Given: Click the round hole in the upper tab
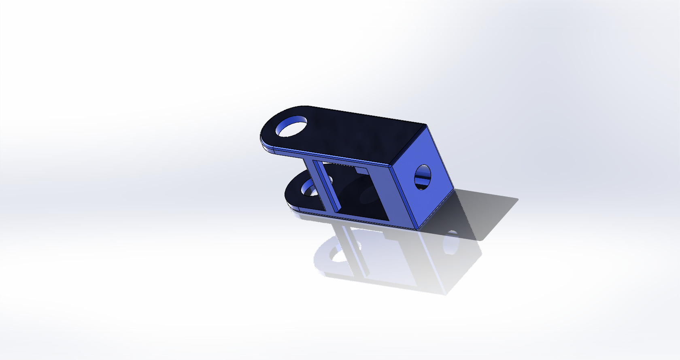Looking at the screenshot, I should [x=291, y=126].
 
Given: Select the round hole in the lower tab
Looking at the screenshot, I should [x=310, y=188].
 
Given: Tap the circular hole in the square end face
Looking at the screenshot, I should [x=423, y=177].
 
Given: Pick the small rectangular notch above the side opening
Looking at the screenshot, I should [x=361, y=170].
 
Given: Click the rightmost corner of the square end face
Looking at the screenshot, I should [x=454, y=189].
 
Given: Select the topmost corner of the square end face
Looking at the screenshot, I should [x=427, y=126].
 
